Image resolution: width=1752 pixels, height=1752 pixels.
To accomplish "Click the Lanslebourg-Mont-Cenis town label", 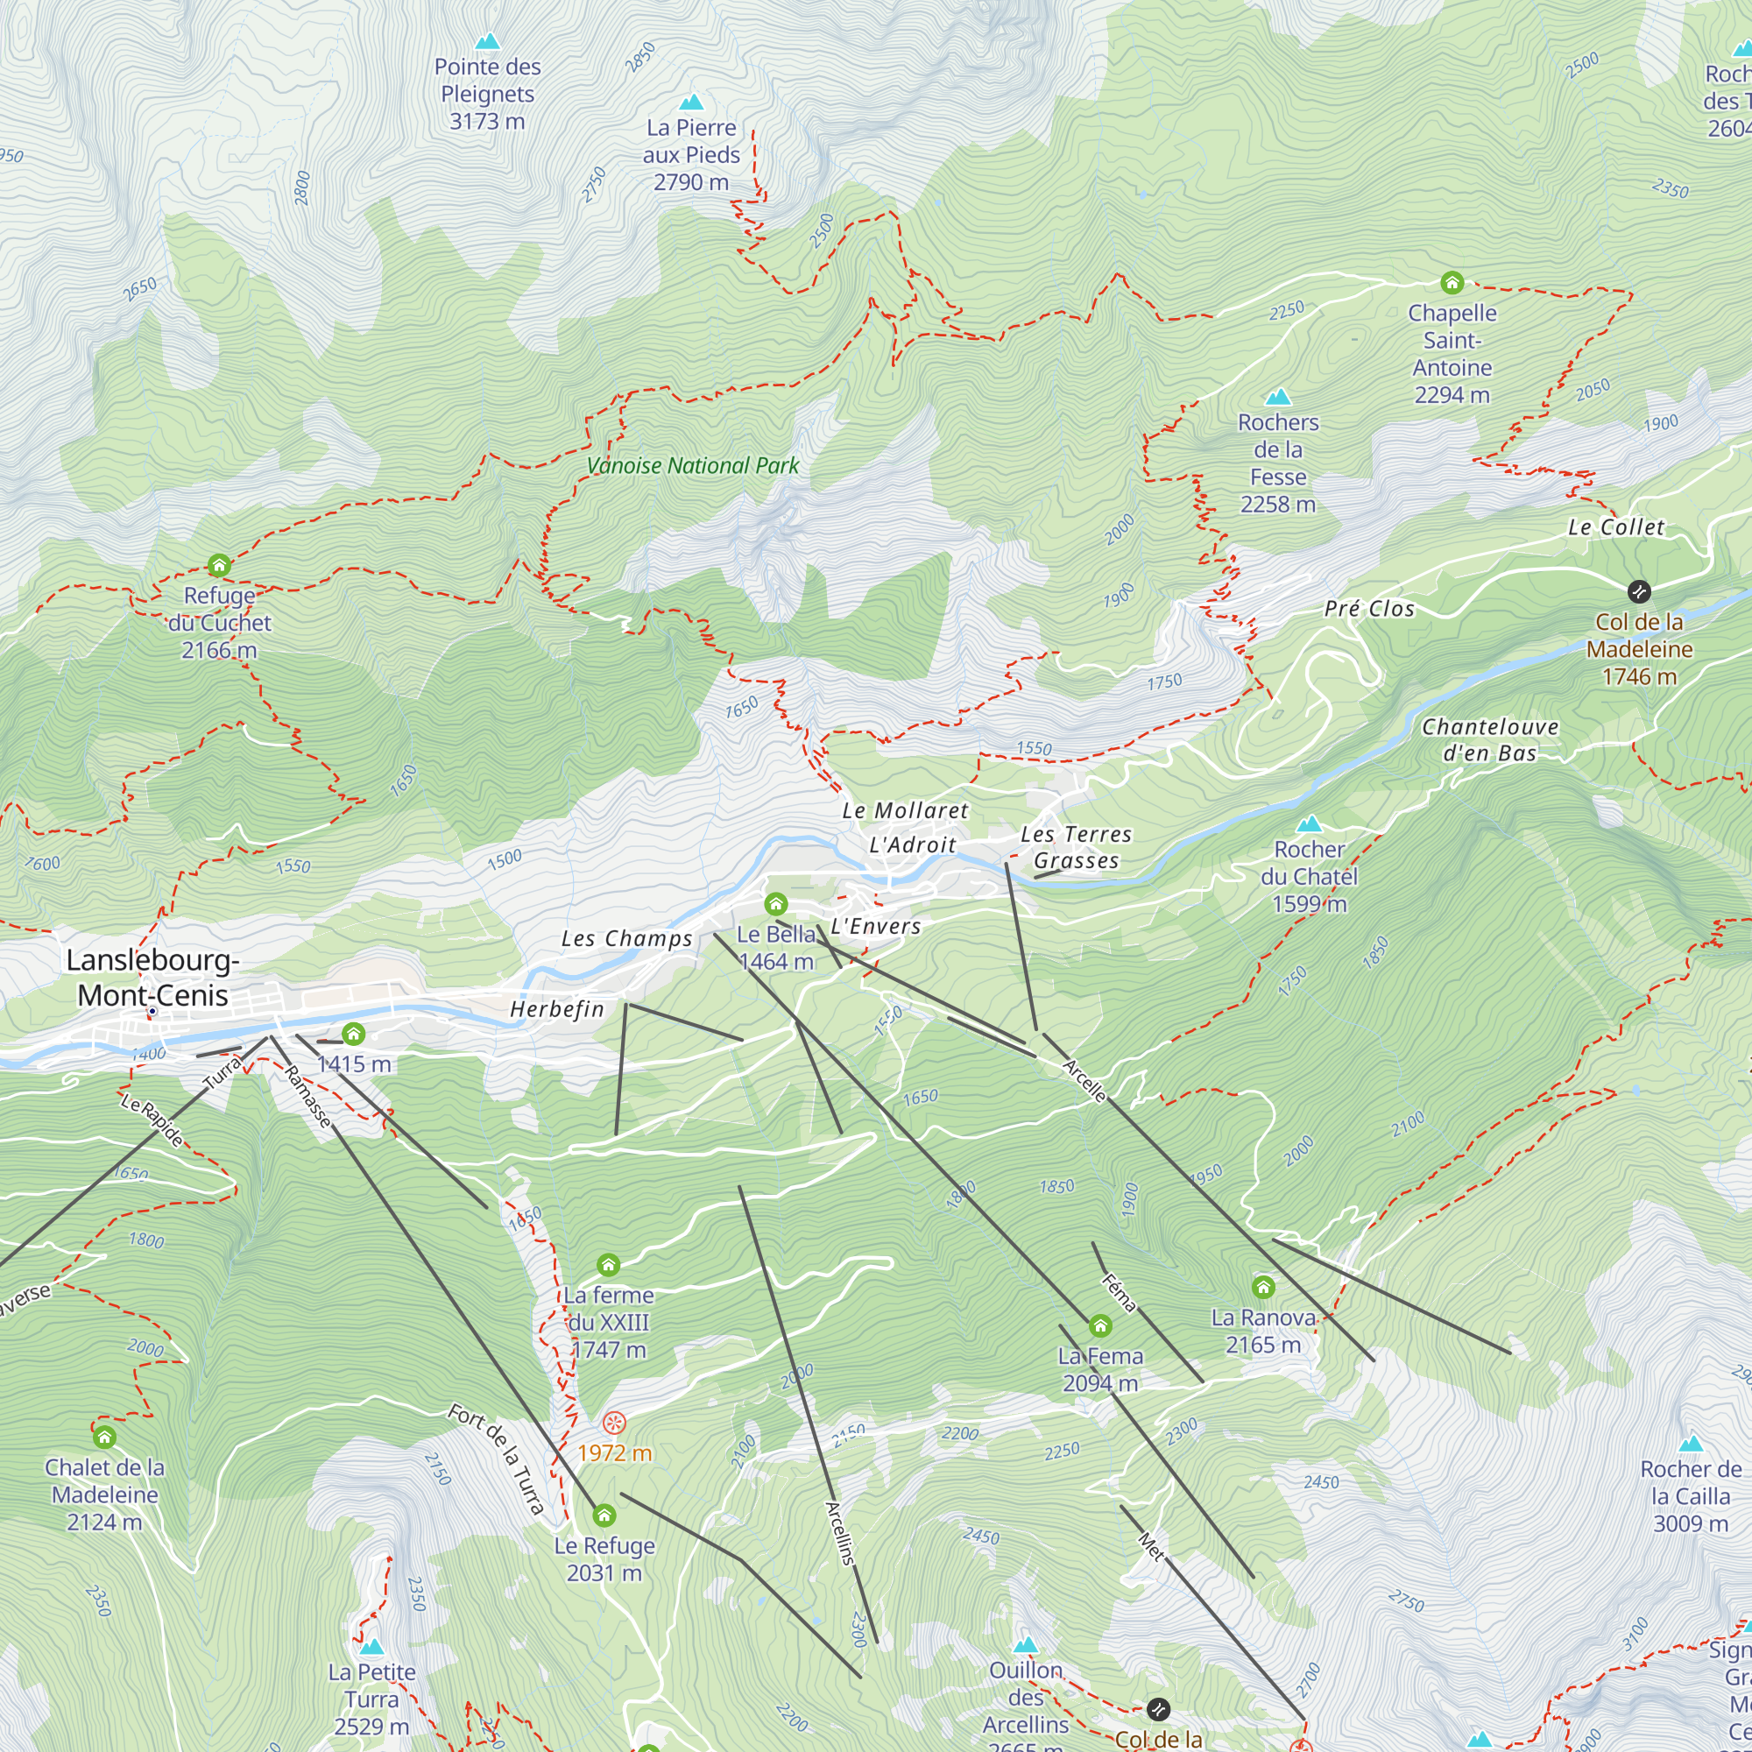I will (x=152, y=978).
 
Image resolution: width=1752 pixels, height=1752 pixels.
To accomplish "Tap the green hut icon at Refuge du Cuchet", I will (x=220, y=566).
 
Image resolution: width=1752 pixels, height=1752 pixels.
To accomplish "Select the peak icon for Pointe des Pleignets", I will (x=488, y=41).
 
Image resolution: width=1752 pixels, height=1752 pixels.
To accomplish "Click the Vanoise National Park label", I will (x=693, y=466).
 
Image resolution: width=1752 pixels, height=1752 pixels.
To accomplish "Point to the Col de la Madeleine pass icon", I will (x=1639, y=592).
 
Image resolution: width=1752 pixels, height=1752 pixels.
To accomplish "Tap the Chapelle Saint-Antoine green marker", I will (x=1452, y=283).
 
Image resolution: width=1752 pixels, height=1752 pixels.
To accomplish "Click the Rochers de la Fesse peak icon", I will (x=1278, y=396).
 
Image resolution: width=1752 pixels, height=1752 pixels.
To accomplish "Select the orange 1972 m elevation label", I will (x=615, y=1452).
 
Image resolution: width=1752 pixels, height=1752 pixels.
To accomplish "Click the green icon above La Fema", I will (x=1100, y=1326).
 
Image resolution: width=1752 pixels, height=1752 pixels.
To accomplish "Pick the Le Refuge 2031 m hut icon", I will (x=604, y=1515).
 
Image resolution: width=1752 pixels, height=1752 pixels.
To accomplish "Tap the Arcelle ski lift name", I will (x=1084, y=1081).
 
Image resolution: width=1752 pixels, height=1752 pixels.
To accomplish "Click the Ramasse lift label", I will (x=308, y=1098).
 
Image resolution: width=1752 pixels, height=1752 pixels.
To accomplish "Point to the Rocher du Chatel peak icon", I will (x=1309, y=823).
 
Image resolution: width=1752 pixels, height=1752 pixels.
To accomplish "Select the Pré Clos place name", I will (x=1369, y=609).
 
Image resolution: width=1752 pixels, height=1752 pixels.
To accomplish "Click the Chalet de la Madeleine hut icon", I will (x=105, y=1438).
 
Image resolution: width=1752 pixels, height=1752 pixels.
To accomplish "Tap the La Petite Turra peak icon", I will (x=371, y=1646).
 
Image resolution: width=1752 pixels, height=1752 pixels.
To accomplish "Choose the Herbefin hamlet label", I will (x=557, y=1009).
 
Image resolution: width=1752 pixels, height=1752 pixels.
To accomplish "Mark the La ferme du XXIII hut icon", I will (x=609, y=1265).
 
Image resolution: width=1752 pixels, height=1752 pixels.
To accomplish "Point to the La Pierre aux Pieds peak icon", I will (x=691, y=102).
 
